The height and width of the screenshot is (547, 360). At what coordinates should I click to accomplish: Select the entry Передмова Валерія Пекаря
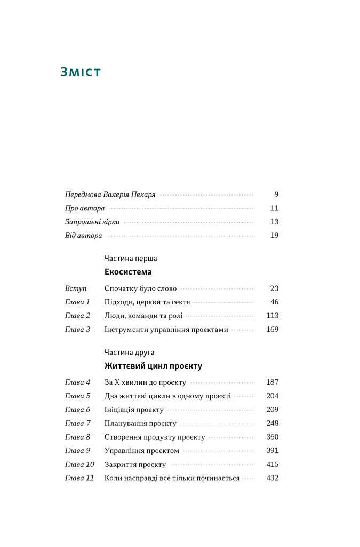point(110,195)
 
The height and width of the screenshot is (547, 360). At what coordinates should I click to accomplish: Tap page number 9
point(276,195)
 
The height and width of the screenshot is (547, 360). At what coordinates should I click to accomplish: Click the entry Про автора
point(85,208)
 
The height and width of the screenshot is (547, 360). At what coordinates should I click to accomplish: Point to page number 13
point(274,222)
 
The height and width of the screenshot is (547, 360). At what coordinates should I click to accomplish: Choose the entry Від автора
point(83,236)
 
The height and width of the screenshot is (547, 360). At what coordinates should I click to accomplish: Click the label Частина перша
point(131,259)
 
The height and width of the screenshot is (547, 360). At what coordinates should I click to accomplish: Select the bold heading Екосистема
point(128,272)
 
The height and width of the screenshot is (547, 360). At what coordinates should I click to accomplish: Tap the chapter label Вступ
point(76,288)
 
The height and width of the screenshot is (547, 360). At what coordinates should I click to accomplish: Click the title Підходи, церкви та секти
point(147,302)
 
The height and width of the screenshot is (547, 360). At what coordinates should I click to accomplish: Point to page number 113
point(272,316)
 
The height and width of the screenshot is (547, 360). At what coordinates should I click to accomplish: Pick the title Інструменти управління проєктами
point(166,330)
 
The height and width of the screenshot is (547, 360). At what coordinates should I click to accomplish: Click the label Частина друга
point(130,353)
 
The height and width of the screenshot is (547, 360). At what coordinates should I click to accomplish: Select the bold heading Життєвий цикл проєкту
point(153,366)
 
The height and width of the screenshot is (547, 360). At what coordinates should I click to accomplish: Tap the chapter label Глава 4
point(78,382)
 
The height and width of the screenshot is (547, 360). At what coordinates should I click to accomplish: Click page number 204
point(272,396)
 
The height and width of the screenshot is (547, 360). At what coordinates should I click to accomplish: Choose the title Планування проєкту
point(140,424)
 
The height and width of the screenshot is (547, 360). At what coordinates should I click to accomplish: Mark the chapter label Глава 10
point(79,465)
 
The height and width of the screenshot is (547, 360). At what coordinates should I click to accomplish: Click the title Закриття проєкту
point(135,465)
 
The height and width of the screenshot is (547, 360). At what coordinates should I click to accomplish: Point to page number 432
point(272,478)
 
